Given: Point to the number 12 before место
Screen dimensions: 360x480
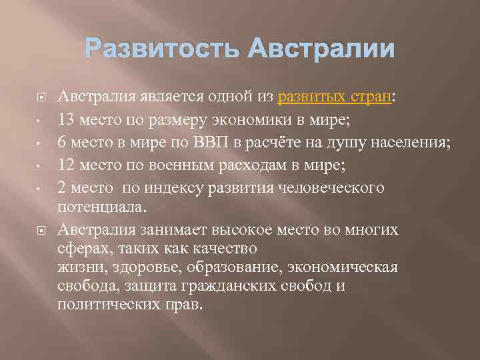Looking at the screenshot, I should pyautogui.click(x=66, y=164).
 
